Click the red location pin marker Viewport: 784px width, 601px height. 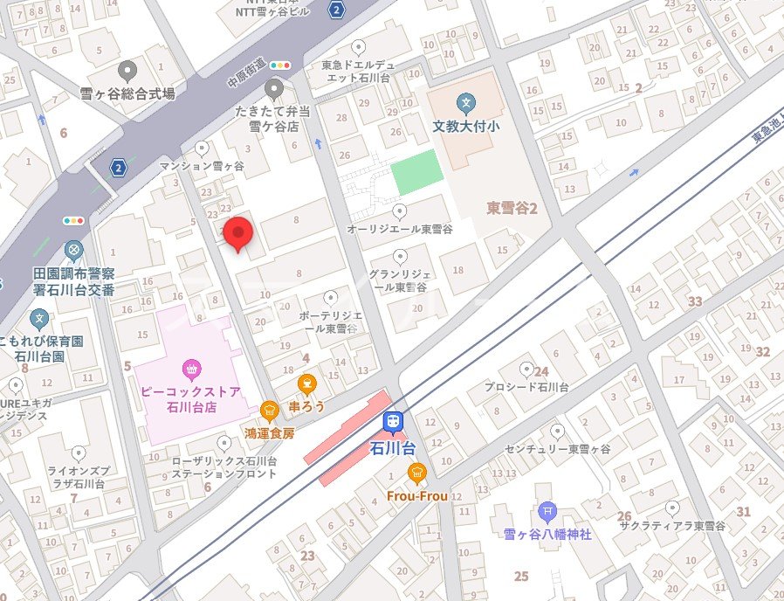[x=238, y=233]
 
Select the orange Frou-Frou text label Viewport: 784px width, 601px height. [x=416, y=496]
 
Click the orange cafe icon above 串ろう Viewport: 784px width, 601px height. [x=306, y=383]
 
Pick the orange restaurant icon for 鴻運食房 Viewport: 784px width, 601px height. [x=270, y=410]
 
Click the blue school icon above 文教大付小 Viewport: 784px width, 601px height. [x=466, y=104]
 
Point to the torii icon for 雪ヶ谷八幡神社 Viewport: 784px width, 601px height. [x=547, y=510]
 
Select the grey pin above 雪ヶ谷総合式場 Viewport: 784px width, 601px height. [x=127, y=71]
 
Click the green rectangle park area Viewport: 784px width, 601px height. [x=415, y=173]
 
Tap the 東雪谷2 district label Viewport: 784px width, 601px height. [x=511, y=208]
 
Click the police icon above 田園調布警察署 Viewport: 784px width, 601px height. [x=74, y=252]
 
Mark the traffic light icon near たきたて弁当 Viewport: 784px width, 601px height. [x=281, y=65]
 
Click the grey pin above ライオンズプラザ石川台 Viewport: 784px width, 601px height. [x=78, y=453]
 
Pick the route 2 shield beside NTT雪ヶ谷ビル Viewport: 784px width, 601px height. [x=337, y=10]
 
